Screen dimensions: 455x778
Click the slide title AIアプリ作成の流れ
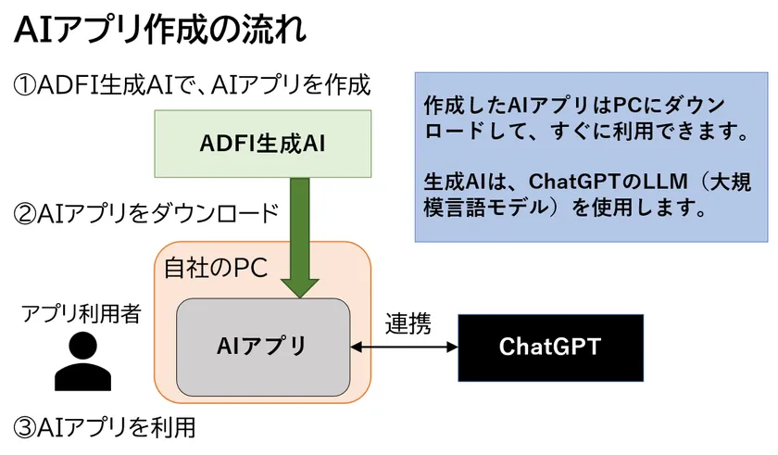pyautogui.click(x=158, y=30)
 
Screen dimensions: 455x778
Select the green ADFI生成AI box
pyautogui.click(x=263, y=144)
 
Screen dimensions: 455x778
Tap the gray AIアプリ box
pyautogui.click(x=262, y=347)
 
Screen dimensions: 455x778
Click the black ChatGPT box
pyautogui.click(x=550, y=347)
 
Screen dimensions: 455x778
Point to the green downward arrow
pyautogui.click(x=300, y=232)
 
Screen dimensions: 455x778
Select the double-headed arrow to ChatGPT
pyautogui.click(x=405, y=348)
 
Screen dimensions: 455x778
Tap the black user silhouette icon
pyautogui.click(x=82, y=361)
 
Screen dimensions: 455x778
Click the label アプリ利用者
pyautogui.click(x=82, y=314)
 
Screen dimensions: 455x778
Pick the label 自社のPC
pyautogui.click(x=215, y=268)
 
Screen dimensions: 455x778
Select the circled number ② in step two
pyautogui.click(x=25, y=214)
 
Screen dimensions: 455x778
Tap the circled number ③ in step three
pyautogui.click(x=25, y=427)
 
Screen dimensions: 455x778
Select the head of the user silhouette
pyautogui.click(x=82, y=347)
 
